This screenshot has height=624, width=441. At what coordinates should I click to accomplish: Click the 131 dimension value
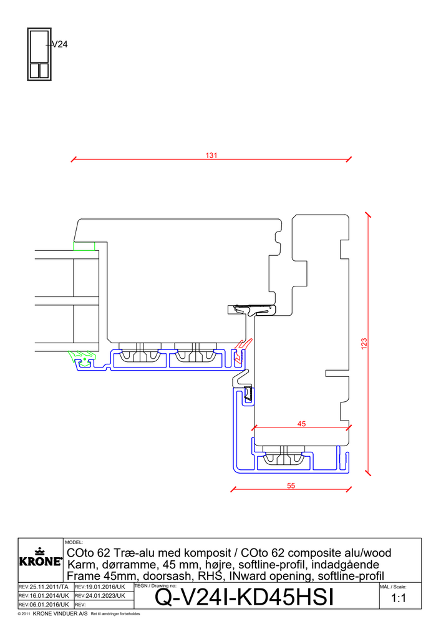pyautogui.click(x=211, y=155)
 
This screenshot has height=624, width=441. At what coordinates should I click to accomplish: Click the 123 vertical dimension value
pyautogui.click(x=364, y=344)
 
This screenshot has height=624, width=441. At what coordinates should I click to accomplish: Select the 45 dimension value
pyautogui.click(x=301, y=424)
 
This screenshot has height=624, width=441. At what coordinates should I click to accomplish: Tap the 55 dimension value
pyautogui.click(x=291, y=485)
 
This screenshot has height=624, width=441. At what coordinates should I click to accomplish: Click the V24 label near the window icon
pyautogui.click(x=60, y=44)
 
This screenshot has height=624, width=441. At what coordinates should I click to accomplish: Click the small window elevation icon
pyautogui.click(x=39, y=54)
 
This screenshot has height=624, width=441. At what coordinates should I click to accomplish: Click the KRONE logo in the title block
pyautogui.click(x=41, y=558)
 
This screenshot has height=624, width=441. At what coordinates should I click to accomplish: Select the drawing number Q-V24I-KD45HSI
pyautogui.click(x=244, y=597)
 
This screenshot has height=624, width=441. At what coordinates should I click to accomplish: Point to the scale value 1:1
pyautogui.click(x=399, y=598)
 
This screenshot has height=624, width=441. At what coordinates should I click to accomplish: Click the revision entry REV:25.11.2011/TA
pyautogui.click(x=43, y=587)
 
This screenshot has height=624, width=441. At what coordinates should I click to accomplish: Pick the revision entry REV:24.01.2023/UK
pyautogui.click(x=100, y=596)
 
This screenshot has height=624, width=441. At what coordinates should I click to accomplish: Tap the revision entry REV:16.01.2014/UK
pyautogui.click(x=44, y=596)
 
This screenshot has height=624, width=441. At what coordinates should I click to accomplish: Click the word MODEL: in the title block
pyautogui.click(x=74, y=542)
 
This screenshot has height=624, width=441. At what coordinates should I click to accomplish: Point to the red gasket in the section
pyautogui.click(x=242, y=351)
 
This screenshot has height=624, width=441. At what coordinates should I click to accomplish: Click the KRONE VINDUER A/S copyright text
pyautogui.click(x=60, y=613)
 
